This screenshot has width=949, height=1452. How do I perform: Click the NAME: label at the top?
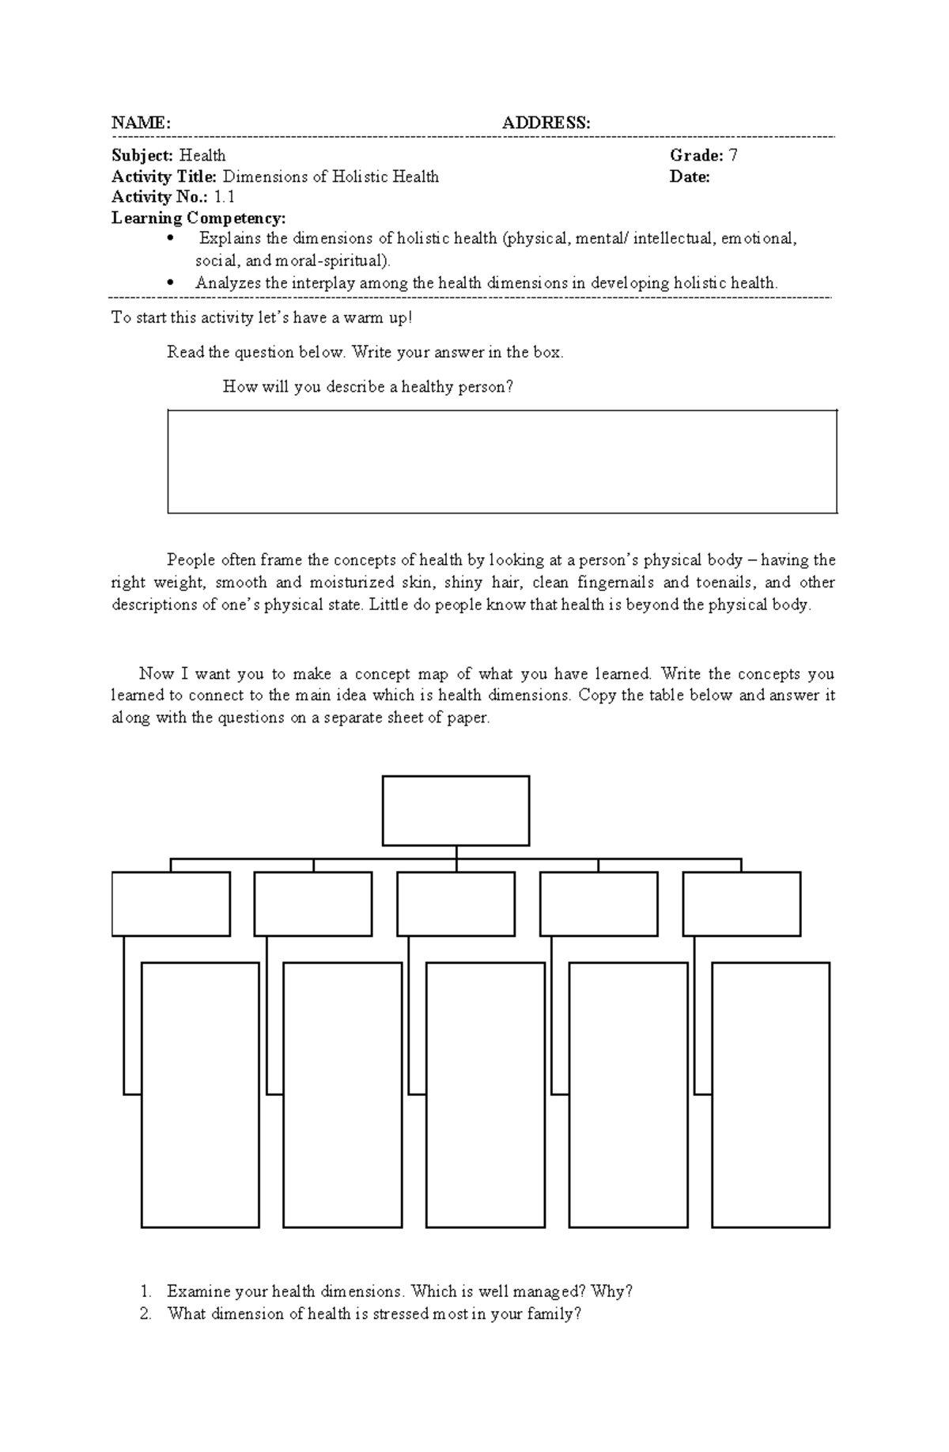[x=141, y=123]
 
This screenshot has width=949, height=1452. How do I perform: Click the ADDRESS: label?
[x=546, y=123]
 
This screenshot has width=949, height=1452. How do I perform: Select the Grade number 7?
[x=733, y=155]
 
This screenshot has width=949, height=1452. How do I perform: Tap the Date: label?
[x=690, y=176]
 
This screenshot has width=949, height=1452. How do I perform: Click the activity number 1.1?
[x=224, y=197]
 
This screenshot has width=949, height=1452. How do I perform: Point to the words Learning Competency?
[x=198, y=218]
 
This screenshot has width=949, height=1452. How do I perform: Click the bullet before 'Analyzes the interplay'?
[x=170, y=282]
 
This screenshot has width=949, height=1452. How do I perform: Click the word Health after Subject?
[x=202, y=155]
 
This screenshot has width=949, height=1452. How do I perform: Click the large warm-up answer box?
[x=502, y=461]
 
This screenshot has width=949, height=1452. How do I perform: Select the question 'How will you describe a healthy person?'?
[x=368, y=387]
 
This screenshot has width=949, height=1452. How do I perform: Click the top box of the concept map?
[x=456, y=810]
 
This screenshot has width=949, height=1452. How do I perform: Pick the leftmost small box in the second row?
[x=171, y=904]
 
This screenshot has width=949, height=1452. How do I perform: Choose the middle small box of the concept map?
[x=456, y=904]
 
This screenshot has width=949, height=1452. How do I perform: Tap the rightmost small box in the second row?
[x=741, y=904]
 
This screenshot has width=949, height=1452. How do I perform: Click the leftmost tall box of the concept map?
[x=200, y=1094]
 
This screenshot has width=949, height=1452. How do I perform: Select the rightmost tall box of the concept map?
[x=770, y=1094]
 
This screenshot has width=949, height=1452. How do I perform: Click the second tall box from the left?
[x=342, y=1094]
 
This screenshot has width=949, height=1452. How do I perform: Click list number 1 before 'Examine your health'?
[x=146, y=1291]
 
